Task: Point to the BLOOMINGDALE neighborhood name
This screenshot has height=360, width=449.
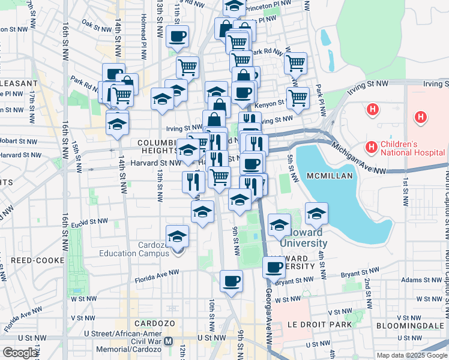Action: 410,326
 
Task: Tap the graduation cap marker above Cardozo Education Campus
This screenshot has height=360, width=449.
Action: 177,237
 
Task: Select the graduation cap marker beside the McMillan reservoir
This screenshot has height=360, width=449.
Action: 316,212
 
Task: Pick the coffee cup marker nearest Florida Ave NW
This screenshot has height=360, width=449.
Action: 231,280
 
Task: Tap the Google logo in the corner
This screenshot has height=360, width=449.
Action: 20,353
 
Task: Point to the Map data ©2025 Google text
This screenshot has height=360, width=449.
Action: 412,355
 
